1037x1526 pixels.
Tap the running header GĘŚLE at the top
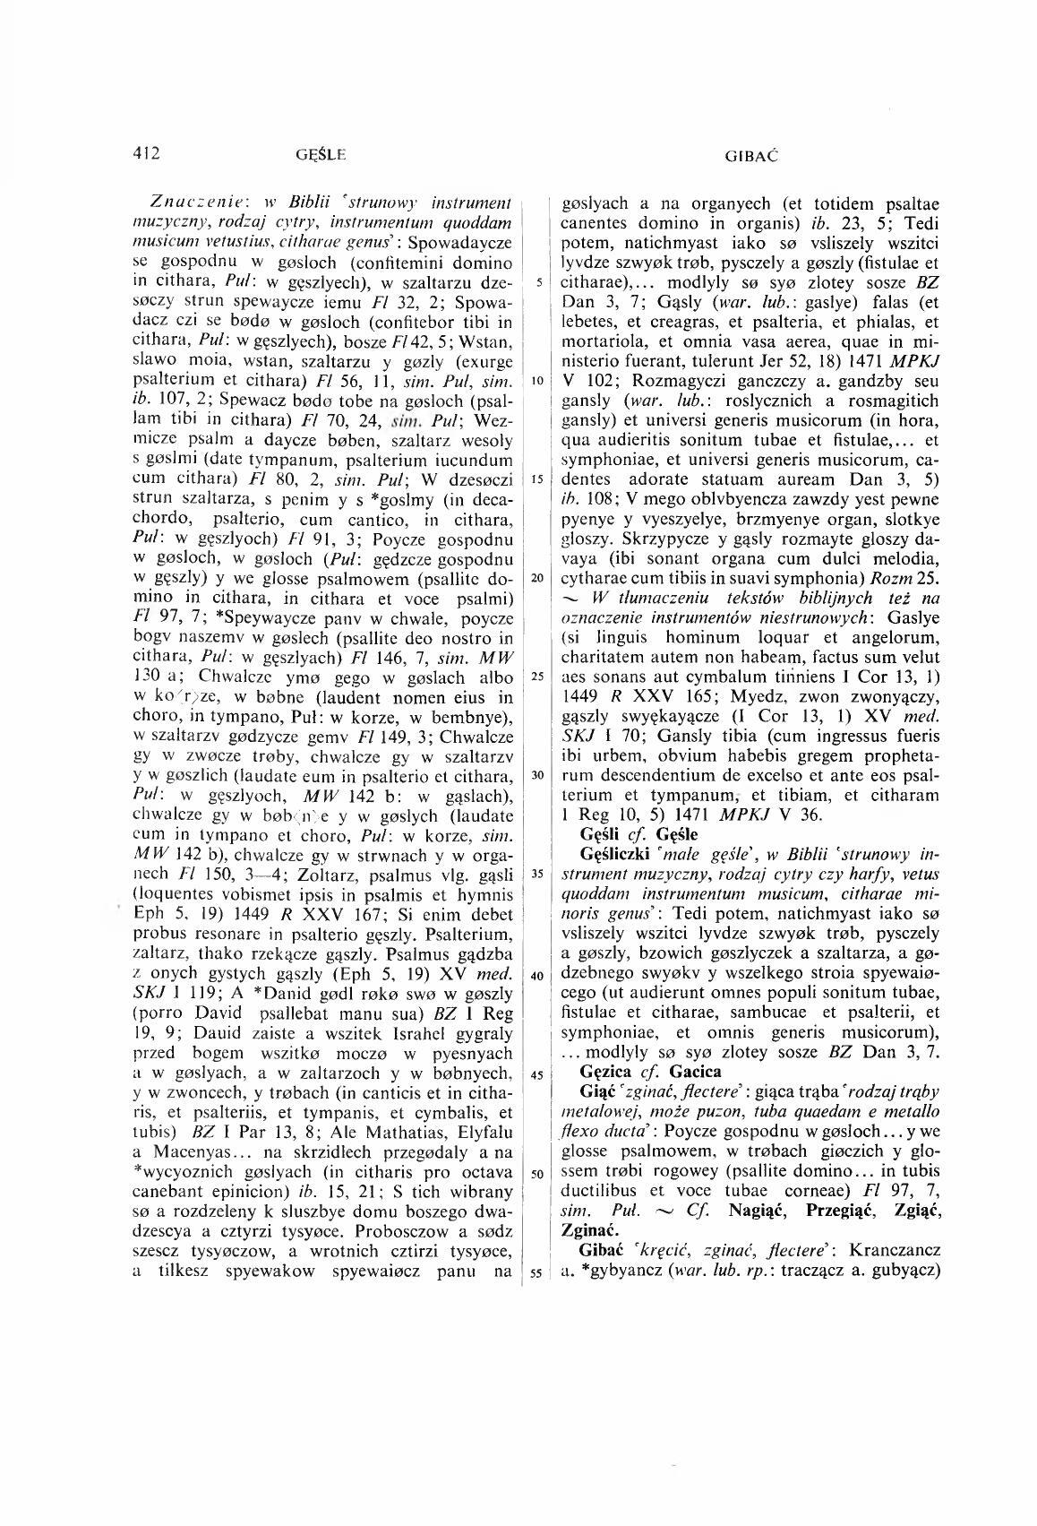click(320, 155)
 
